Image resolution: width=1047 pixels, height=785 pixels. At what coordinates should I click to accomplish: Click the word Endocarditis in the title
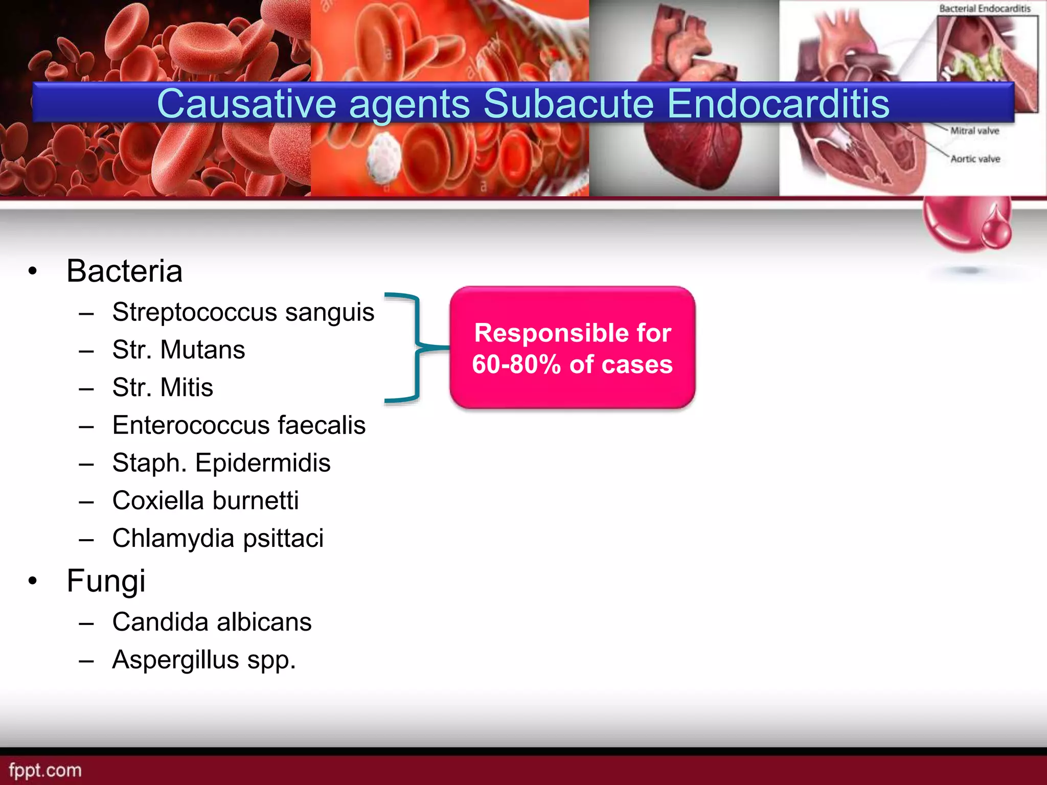click(x=778, y=104)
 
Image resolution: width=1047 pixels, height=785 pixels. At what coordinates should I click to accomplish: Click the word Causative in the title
click(x=246, y=104)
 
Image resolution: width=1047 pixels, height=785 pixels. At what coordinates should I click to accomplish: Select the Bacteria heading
click(x=124, y=270)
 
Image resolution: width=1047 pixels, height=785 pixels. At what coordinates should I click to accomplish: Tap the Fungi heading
click(x=106, y=581)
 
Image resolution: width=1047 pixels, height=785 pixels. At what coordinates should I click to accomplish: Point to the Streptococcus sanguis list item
click(x=243, y=312)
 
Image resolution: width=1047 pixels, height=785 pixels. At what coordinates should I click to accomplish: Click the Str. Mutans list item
click(x=178, y=350)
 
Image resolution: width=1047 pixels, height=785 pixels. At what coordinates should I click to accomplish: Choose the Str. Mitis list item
click(x=163, y=387)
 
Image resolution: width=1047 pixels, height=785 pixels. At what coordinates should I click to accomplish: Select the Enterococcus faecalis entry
click(x=239, y=425)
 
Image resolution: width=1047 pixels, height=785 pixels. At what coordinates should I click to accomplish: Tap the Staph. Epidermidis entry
click(x=221, y=463)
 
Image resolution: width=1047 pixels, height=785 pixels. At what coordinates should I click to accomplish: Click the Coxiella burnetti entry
click(x=206, y=500)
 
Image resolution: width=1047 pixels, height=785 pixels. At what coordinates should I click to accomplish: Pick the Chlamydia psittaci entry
click(x=218, y=538)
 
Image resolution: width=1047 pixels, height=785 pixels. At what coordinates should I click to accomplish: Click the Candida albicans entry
click(x=212, y=622)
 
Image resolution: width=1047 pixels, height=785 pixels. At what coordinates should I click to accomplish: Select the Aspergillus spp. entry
click(x=204, y=660)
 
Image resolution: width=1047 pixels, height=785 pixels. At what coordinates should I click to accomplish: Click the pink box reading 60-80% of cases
click(x=572, y=348)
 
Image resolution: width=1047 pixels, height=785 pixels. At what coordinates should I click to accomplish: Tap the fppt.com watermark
click(x=45, y=770)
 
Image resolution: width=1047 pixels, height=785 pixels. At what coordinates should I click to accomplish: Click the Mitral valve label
click(x=974, y=131)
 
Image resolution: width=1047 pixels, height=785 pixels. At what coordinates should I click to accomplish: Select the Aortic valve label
click(x=975, y=159)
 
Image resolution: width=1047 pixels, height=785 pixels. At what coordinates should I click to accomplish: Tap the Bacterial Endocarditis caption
click(x=985, y=9)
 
